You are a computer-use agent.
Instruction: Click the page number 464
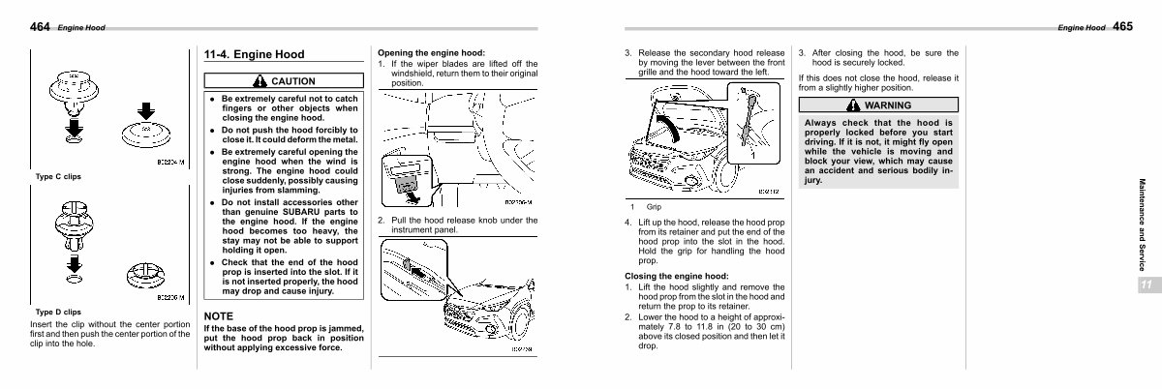(41, 27)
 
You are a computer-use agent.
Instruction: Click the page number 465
(1122, 27)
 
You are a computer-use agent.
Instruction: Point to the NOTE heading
(219, 316)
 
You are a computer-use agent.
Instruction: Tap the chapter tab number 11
(1145, 284)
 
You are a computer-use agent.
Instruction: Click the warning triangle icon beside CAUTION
(260, 81)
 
